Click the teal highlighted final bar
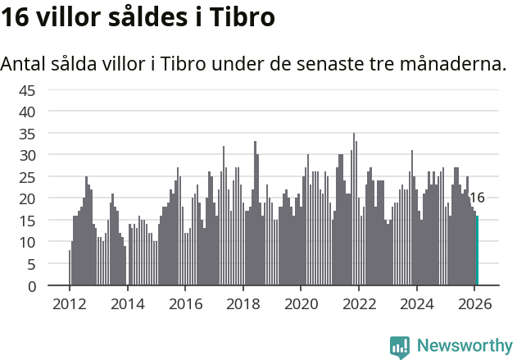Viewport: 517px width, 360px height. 477,251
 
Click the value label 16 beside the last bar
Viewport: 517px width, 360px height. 477,198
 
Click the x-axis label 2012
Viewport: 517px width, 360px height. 70,303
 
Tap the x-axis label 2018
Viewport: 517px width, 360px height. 243,303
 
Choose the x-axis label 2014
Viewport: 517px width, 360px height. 127,303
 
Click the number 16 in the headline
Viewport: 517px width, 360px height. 17,18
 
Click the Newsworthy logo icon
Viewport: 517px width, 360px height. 400,347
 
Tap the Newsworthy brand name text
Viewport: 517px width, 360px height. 464,346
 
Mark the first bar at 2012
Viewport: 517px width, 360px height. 70,268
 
